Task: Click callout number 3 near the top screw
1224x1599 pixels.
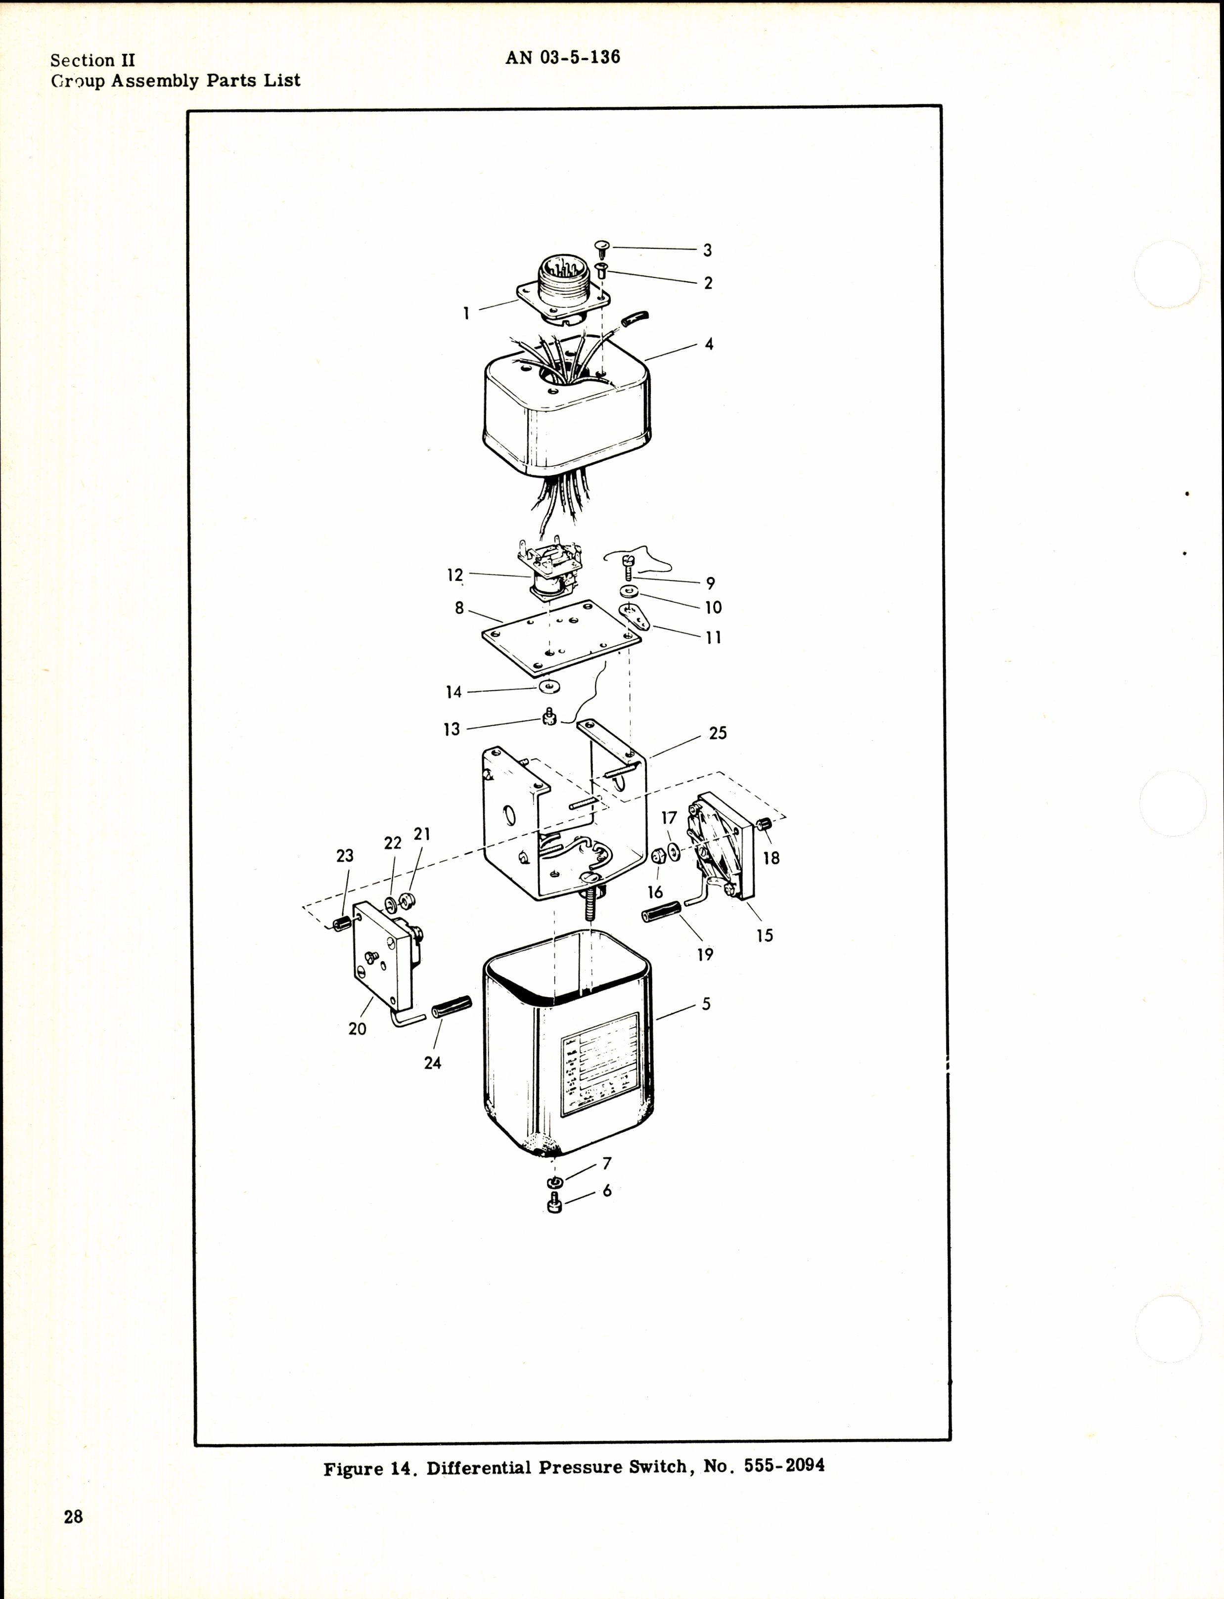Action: point(707,251)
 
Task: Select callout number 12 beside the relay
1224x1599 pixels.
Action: point(454,576)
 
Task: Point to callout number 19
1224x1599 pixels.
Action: point(705,954)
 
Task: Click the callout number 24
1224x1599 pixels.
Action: point(432,1063)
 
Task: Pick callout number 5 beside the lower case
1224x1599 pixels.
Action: point(705,1004)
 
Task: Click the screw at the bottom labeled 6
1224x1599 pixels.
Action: point(554,1205)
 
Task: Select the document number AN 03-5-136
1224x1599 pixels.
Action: point(562,57)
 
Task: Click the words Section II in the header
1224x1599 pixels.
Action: point(92,60)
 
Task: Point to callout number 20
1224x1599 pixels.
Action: point(357,1028)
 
